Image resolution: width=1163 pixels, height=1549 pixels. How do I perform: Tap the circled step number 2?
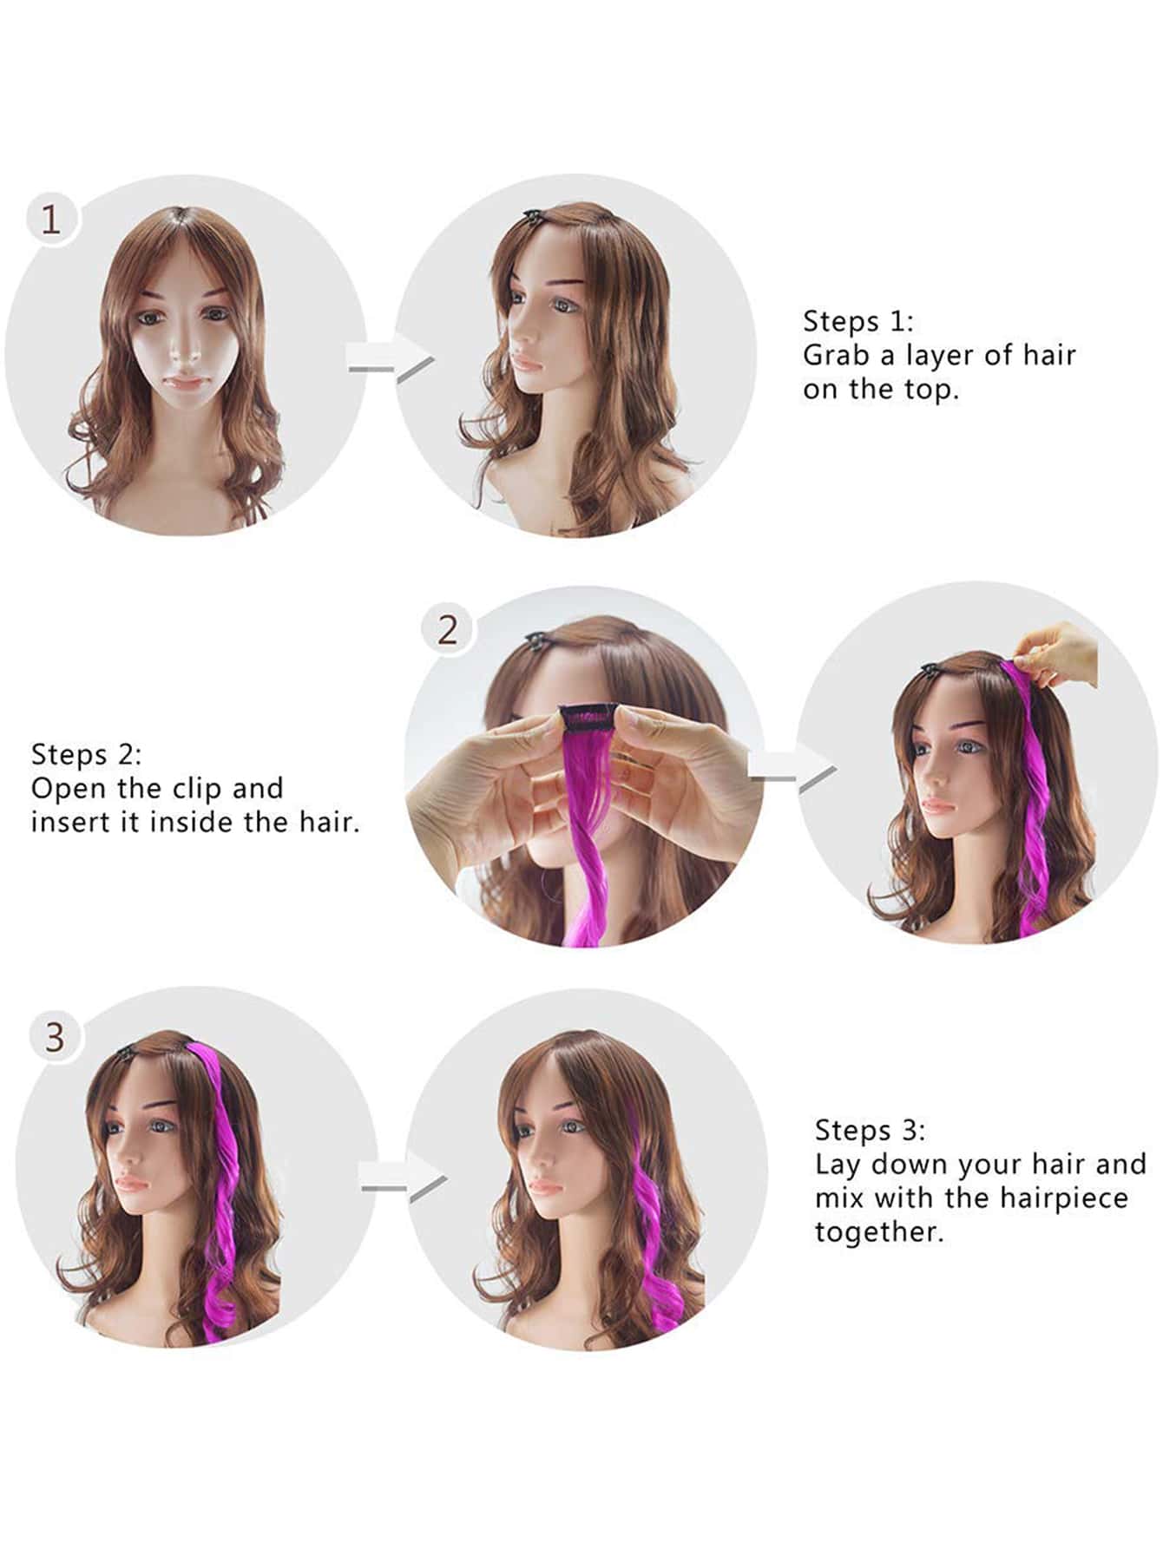(x=447, y=630)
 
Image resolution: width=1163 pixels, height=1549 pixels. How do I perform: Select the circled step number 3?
(x=55, y=1037)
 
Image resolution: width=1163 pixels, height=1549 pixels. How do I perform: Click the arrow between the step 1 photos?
(x=390, y=358)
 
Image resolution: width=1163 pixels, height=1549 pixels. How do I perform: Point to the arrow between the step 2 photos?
(x=792, y=768)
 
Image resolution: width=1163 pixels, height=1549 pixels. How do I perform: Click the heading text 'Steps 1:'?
(x=858, y=321)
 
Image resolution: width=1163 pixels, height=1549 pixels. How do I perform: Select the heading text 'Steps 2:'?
(x=86, y=754)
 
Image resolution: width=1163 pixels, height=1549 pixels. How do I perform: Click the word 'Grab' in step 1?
(x=836, y=355)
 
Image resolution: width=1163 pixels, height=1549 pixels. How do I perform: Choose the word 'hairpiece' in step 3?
(x=1064, y=1198)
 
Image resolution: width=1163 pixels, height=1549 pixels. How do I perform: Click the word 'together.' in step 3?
(x=879, y=1233)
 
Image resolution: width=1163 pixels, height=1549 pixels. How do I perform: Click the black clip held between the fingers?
(x=588, y=716)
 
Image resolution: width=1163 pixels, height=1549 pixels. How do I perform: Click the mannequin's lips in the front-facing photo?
(x=187, y=380)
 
